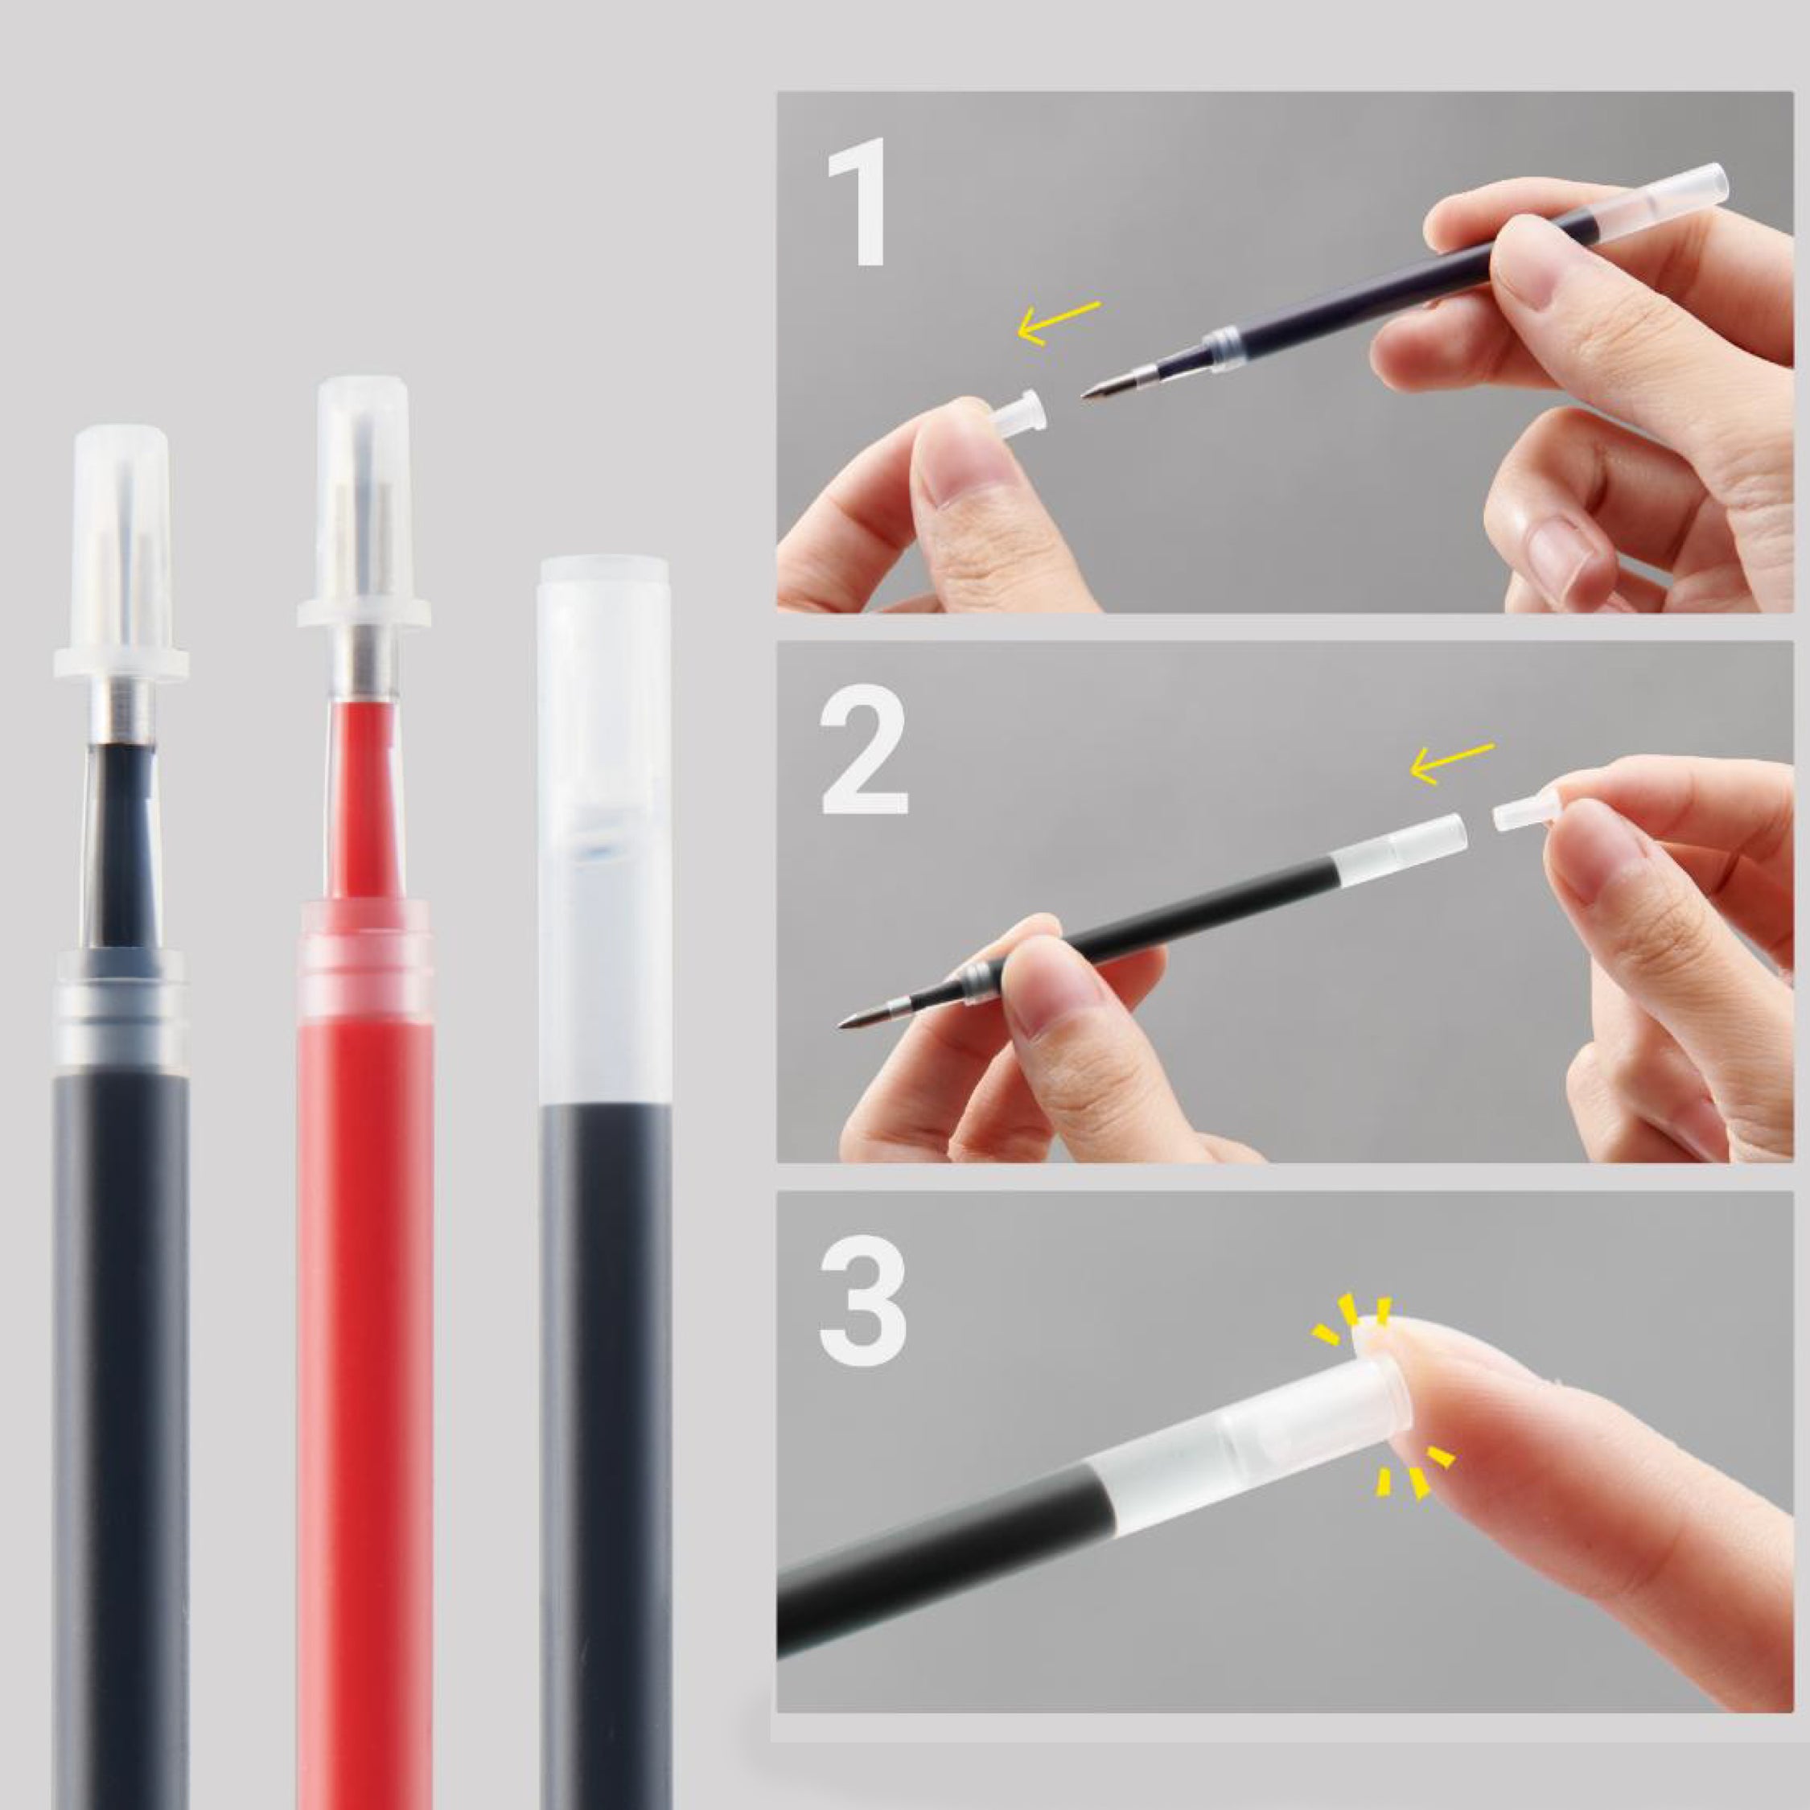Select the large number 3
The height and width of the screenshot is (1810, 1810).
pos(863,1303)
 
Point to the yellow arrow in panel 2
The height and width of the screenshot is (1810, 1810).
pos(1451,763)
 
